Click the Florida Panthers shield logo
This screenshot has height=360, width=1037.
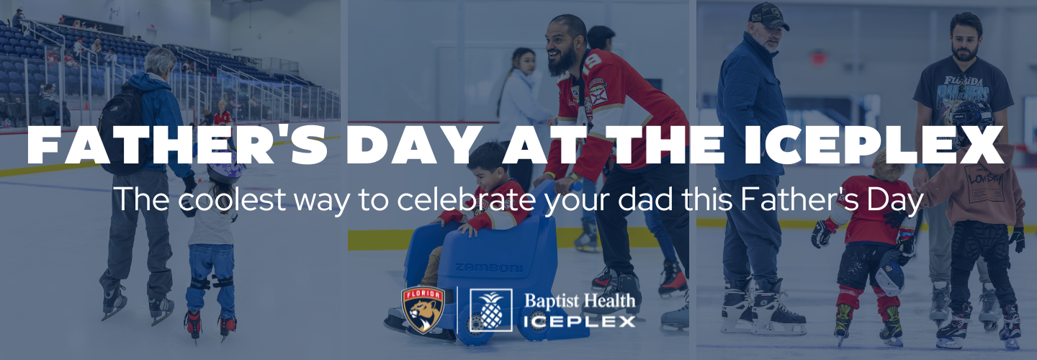(423, 309)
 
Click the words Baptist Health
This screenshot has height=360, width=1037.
(580, 301)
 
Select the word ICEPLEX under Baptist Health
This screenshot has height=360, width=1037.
(580, 322)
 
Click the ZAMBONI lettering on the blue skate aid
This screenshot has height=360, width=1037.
(489, 267)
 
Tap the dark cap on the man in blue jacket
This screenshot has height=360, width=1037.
(768, 15)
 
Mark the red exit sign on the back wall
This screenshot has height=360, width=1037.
(818, 58)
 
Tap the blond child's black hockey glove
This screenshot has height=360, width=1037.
(822, 234)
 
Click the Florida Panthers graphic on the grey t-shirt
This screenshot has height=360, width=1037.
(962, 93)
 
